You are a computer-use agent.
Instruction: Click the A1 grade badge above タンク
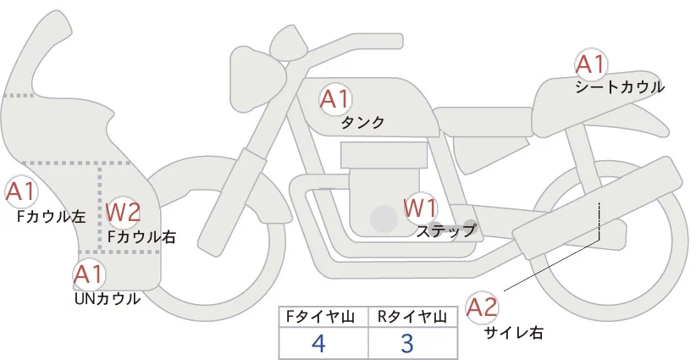pos(334,99)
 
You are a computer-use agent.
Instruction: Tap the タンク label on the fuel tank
pos(362,123)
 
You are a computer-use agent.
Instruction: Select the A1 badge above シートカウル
pos(591,64)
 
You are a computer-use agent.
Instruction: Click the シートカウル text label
pos(620,87)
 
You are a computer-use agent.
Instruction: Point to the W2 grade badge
pos(123,212)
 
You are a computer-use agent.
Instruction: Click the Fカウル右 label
pos(141,237)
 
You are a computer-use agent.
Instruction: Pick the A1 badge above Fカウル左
pos(20,191)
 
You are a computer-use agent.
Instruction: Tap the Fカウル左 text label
pos(52,216)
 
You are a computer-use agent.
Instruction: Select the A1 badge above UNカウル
pos(89,275)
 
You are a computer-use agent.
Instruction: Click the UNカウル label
pos(108,299)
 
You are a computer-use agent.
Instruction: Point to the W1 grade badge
pos(420,208)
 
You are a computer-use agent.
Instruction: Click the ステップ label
pos(446,231)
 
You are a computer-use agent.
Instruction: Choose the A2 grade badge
pos(482,307)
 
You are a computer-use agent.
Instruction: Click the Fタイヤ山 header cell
pos(323,317)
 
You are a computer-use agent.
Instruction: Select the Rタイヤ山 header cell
pos(413,317)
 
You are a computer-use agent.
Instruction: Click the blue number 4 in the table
pos(318,343)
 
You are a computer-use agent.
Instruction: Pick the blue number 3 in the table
pos(407,343)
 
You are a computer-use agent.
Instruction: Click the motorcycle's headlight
pos(257,79)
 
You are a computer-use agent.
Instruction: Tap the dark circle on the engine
pos(384,219)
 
